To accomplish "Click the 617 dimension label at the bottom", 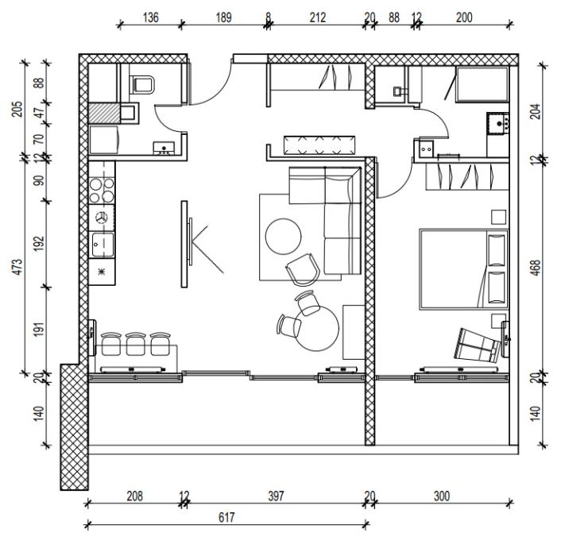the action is click(x=226, y=517).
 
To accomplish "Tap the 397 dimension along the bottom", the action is click(x=276, y=496).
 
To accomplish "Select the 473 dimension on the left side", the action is click(x=17, y=267).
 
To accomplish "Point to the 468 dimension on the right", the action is click(x=536, y=268).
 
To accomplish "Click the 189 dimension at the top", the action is click(x=223, y=17).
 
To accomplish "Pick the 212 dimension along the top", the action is click(x=317, y=17).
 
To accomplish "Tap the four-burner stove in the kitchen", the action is click(x=102, y=191).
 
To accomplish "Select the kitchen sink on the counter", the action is click(x=103, y=245).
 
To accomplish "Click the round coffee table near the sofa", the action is click(x=283, y=237).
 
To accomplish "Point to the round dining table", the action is click(x=317, y=328).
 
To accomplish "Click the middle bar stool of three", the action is click(x=135, y=343).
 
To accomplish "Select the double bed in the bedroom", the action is click(x=464, y=268).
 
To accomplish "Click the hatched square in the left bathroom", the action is click(x=104, y=114).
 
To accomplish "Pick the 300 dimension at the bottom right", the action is click(x=442, y=496).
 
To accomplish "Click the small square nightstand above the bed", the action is click(x=499, y=218).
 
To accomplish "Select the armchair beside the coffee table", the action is click(x=303, y=269).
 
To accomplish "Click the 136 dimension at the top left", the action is click(x=150, y=17).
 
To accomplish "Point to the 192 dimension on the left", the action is click(x=39, y=244).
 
